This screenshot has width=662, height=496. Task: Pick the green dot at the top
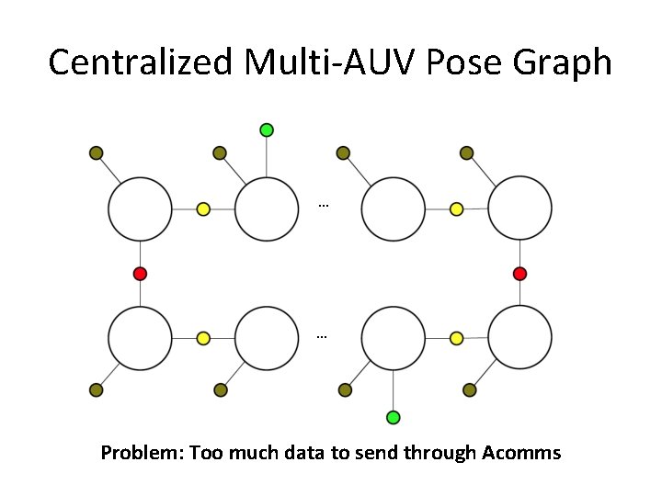pyautogui.click(x=267, y=130)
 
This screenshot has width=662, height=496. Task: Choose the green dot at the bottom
pyautogui.click(x=394, y=418)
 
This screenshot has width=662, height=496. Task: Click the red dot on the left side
pyautogui.click(x=140, y=274)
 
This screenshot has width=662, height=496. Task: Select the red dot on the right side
pyautogui.click(x=519, y=274)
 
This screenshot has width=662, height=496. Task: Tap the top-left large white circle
pyautogui.click(x=140, y=209)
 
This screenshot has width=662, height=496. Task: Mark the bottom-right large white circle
pyautogui.click(x=519, y=338)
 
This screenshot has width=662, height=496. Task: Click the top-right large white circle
pyautogui.click(x=519, y=209)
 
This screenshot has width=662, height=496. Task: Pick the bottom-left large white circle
pyautogui.click(x=140, y=338)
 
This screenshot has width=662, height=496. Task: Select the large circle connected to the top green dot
pyautogui.click(x=267, y=209)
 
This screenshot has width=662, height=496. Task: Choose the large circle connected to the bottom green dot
pyautogui.click(x=394, y=338)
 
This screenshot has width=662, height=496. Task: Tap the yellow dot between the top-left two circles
pyautogui.click(x=203, y=209)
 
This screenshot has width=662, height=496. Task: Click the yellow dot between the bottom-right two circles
pyautogui.click(x=456, y=338)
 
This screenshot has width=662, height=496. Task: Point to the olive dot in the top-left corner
pyautogui.click(x=96, y=152)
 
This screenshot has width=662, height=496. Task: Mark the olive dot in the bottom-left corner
pyautogui.click(x=96, y=390)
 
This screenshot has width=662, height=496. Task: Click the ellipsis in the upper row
pyautogui.click(x=323, y=204)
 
